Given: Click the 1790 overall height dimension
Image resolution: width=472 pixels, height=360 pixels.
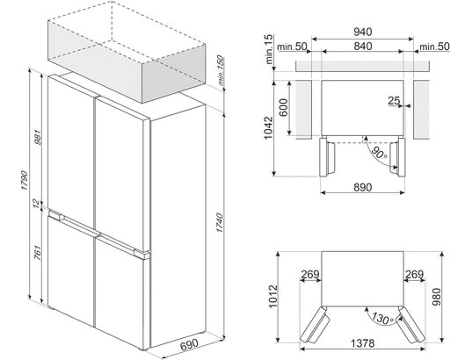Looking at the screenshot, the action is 25,180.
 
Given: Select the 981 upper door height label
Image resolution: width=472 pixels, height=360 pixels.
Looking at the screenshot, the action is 38,137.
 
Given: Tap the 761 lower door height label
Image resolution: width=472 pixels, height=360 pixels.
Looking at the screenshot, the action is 38,253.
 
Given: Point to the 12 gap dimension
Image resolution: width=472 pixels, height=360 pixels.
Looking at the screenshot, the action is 36,204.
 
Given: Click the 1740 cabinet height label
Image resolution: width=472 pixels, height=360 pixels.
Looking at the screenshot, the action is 220,223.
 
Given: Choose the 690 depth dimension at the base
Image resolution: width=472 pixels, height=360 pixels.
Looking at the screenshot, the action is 190,345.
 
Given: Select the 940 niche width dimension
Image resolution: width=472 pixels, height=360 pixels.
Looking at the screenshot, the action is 363,32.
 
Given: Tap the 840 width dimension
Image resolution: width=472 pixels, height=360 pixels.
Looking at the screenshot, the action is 363,46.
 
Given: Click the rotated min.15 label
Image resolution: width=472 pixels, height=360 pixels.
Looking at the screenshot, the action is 269,49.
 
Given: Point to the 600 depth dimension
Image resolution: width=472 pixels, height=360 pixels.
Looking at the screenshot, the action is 284,107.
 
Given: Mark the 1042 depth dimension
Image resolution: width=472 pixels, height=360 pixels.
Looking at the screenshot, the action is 268,128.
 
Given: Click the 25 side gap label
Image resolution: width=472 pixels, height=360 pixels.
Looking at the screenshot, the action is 394,100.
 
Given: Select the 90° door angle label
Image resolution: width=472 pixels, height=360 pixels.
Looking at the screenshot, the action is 379,153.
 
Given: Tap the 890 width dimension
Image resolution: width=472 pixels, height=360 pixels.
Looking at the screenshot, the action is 363,187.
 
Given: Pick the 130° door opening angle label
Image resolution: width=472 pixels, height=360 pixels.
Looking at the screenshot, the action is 382,318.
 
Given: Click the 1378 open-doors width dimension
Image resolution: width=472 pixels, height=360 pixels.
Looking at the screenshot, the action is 363,342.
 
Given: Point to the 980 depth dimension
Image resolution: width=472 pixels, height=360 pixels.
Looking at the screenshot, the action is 437,297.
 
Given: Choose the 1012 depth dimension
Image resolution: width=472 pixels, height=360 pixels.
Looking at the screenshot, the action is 273,296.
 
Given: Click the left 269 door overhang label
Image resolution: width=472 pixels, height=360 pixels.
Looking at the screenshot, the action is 310,274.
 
